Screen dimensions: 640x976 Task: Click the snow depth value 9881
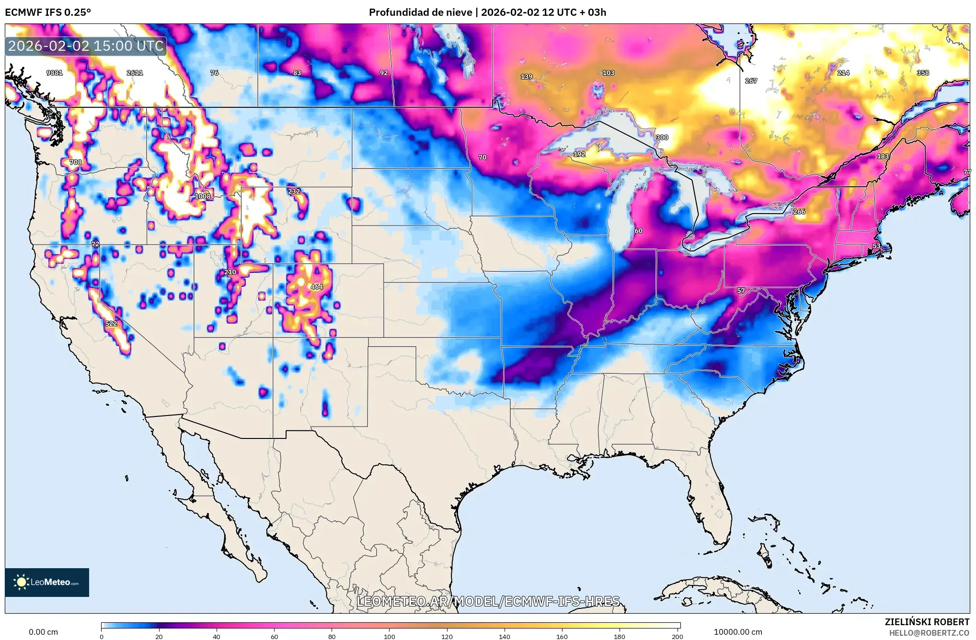tap(54, 73)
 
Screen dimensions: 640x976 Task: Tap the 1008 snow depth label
tap(202, 196)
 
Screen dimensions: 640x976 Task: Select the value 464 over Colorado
tap(317, 287)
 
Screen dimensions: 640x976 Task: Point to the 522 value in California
tap(111, 324)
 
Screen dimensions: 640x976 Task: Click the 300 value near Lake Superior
tap(662, 137)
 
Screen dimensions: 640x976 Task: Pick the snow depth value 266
tap(799, 212)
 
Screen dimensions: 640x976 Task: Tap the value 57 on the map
tap(741, 291)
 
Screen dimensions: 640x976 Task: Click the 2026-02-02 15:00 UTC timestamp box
tap(86, 46)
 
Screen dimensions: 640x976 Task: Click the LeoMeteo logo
tap(47, 582)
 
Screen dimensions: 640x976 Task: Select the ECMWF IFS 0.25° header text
tap(48, 12)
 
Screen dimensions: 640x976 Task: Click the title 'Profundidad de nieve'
tap(420, 12)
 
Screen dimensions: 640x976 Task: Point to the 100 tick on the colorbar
tap(390, 637)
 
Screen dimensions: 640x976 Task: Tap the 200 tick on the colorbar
tap(677, 637)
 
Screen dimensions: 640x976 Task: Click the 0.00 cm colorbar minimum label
tap(43, 632)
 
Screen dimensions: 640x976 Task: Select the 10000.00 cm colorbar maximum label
tap(738, 632)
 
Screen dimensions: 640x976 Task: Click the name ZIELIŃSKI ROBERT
tap(927, 622)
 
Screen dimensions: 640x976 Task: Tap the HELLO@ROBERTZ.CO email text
tap(929, 633)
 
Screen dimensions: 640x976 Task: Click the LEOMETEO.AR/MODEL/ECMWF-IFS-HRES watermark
tap(488, 601)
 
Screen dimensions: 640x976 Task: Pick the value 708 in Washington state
tap(76, 162)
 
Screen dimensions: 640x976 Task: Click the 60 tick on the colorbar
tap(274, 637)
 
